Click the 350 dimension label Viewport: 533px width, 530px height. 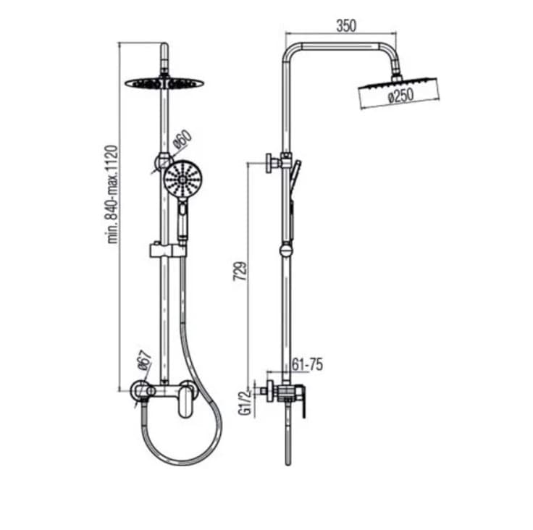347,26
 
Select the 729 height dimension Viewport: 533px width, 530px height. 243,271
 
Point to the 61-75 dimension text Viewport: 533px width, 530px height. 307,366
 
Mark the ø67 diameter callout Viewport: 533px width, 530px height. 143,360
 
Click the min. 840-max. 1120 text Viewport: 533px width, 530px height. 113,194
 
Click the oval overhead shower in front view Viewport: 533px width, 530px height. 164,83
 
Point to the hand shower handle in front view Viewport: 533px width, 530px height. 183,222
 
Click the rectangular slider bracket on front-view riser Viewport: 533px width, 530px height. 167,251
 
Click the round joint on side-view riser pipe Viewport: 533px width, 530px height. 287,251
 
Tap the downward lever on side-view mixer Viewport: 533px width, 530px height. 304,405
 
